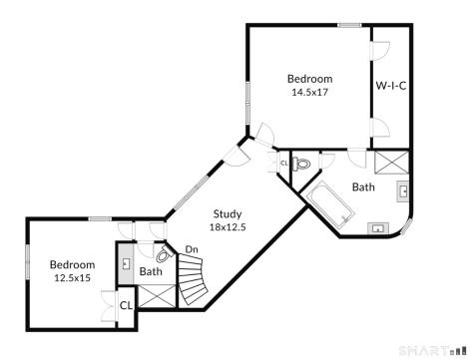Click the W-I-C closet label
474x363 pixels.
pos(390,86)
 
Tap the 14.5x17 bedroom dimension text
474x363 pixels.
pos(309,92)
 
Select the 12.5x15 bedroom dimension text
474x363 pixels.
pos(72,277)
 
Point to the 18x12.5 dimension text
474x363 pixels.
pos(229,226)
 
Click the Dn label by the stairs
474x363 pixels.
pos(191,249)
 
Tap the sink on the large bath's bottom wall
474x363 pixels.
pos(378,228)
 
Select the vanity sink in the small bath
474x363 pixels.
pos(126,266)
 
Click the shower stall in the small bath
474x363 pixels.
pos(155,295)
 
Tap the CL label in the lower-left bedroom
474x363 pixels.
pos(126,306)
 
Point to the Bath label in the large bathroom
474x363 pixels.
pos(363,186)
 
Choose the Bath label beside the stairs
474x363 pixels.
pos(151,271)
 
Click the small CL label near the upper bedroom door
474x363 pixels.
pos(284,163)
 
